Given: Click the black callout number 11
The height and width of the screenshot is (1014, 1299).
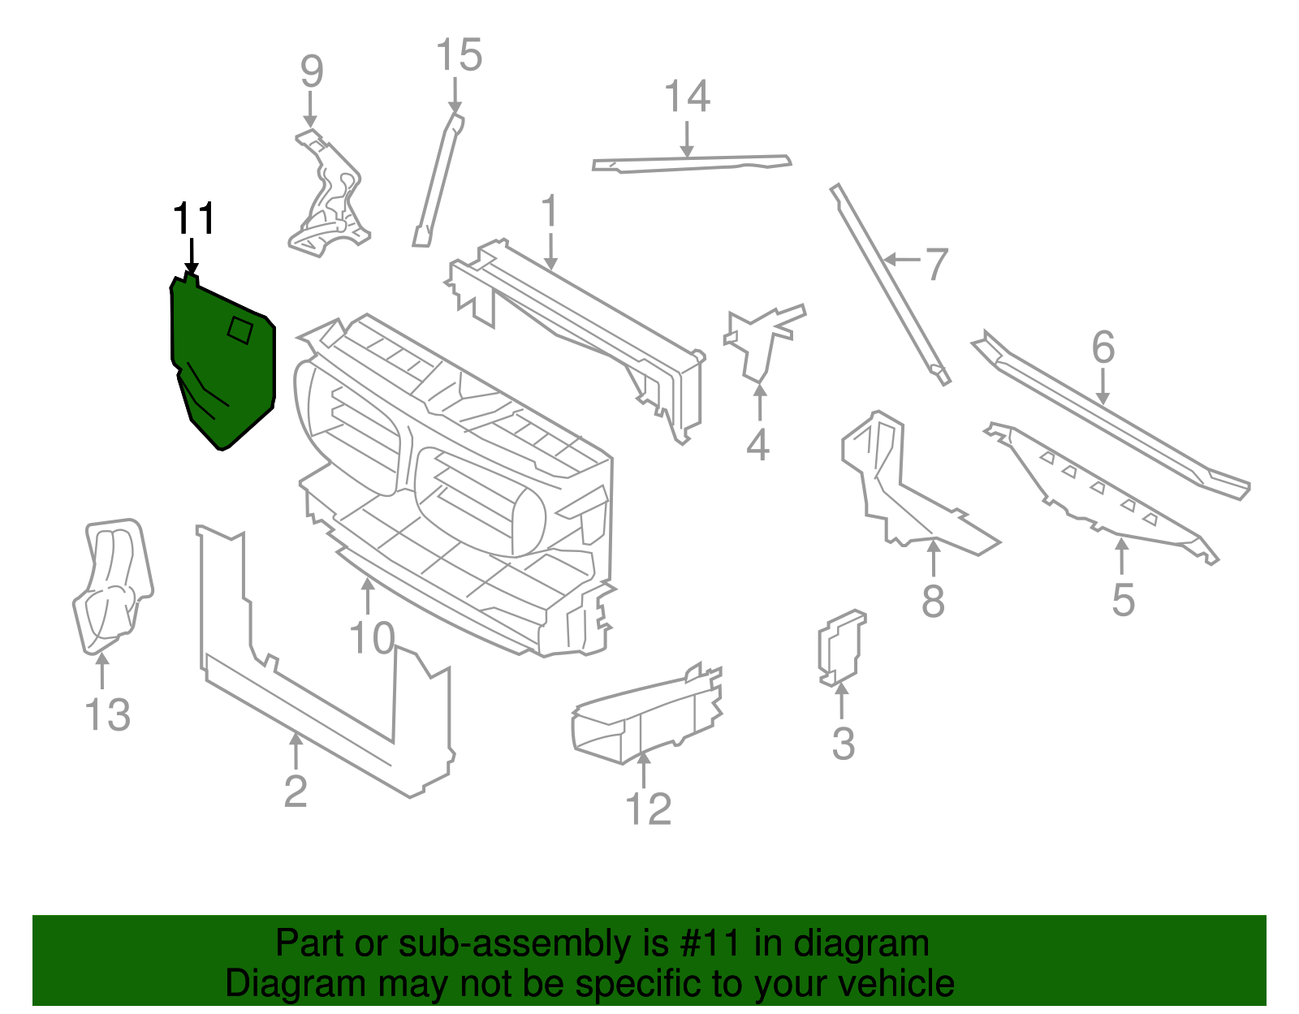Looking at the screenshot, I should pos(194,219).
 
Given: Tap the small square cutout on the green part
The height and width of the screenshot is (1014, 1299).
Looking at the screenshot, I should pos(240,330).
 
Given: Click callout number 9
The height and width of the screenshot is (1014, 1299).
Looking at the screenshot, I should pos(312,71).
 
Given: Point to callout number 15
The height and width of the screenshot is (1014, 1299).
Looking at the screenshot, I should pos(459,55).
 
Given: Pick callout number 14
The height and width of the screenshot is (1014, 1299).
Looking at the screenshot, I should pos(687,97).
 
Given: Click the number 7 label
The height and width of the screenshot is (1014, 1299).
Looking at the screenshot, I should pos(936,265).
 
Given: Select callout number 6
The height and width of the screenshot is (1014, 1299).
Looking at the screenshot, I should pos(1103,347).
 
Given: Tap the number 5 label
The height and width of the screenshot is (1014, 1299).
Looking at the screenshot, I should pos(1123,600).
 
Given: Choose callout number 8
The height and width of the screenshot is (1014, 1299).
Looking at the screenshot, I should pos(933,602).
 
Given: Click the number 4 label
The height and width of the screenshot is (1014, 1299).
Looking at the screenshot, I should pos(757,445).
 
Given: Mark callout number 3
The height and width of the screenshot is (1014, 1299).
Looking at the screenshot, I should pos(844,744).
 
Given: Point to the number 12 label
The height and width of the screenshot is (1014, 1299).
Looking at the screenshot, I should pos(649,809).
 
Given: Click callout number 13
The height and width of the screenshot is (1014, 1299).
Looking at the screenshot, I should pos(107,714).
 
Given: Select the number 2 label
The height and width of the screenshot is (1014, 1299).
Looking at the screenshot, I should pos(296,790).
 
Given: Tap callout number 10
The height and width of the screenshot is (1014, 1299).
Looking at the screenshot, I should pos(372,639).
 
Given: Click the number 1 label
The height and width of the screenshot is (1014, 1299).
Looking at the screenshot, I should pos(550,212).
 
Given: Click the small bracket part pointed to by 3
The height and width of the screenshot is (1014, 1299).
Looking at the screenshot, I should pos(840,648).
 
